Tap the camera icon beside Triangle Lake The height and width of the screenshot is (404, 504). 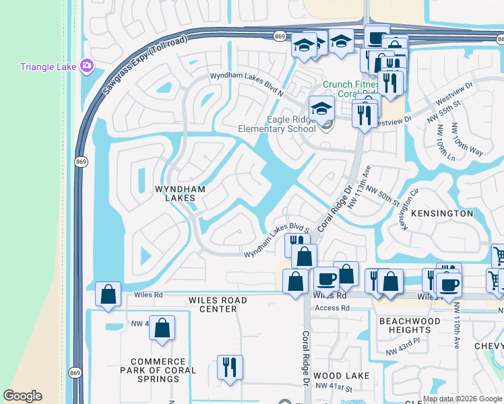tap(87, 66)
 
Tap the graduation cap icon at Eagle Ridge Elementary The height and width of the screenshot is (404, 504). tap(321, 108)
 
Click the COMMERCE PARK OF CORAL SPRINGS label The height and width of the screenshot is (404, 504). tap(158, 370)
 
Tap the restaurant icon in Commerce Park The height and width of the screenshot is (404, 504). tap(230, 367)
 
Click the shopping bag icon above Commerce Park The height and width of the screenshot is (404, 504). tap(162, 328)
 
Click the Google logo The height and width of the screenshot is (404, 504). tap(23, 396)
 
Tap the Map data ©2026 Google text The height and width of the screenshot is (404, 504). tap(462, 399)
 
